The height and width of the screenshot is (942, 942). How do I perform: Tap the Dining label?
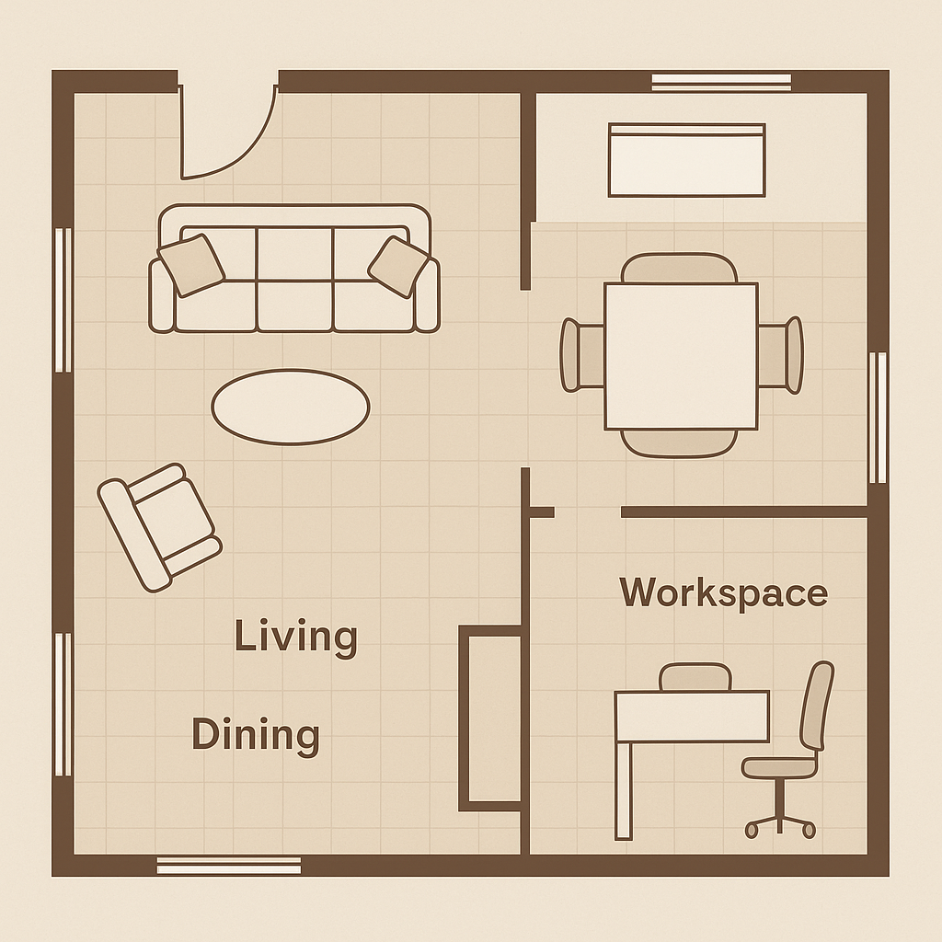pyautogui.click(x=256, y=735)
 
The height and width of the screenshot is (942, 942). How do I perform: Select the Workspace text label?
pyautogui.click(x=723, y=592)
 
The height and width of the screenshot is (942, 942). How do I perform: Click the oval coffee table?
pyautogui.click(x=291, y=407)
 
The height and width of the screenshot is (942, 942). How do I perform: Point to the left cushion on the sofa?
pyautogui.click(x=190, y=264)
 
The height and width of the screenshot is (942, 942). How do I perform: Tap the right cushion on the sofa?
pyautogui.click(x=398, y=267)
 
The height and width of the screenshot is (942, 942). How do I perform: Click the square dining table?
pyautogui.click(x=681, y=356)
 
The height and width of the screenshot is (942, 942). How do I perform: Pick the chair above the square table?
pyautogui.click(x=679, y=268)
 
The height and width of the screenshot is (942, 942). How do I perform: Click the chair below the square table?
pyautogui.click(x=679, y=443)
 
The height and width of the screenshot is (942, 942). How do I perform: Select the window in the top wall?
pyautogui.click(x=722, y=82)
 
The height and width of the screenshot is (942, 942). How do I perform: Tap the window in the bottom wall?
pyautogui.click(x=229, y=865)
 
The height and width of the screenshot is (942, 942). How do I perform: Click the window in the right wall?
pyautogui.click(x=878, y=418)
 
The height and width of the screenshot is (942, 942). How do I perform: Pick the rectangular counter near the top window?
pyautogui.click(x=686, y=160)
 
